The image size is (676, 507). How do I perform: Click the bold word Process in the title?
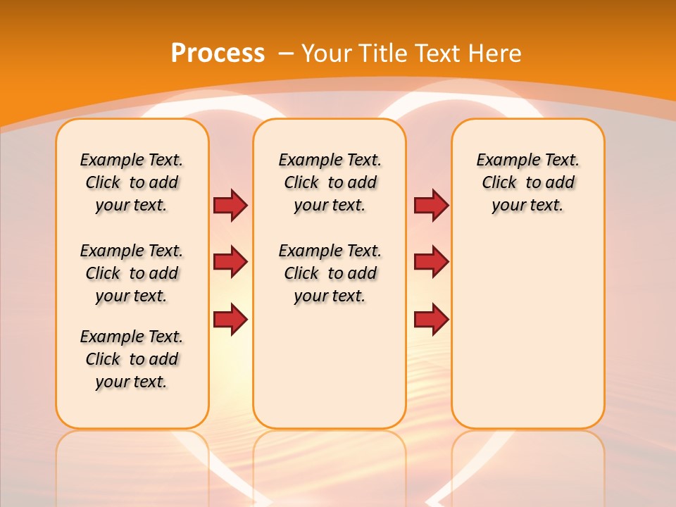[218, 53]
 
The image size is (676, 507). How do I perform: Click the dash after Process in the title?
[286, 54]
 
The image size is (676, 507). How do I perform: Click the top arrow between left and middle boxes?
[230, 205]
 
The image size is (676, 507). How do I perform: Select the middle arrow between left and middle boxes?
[230, 262]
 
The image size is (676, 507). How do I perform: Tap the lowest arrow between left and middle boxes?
[230, 320]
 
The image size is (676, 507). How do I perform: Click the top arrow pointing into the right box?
[431, 205]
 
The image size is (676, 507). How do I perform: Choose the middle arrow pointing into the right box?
[431, 262]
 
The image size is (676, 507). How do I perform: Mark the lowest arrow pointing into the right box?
[431, 320]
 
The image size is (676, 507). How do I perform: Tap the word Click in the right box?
[499, 182]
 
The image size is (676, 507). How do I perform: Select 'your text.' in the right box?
[527, 206]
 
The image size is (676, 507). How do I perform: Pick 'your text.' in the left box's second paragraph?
[131, 296]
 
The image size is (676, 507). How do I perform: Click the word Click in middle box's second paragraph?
[301, 273]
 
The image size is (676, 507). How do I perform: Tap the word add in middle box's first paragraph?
[362, 182]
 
